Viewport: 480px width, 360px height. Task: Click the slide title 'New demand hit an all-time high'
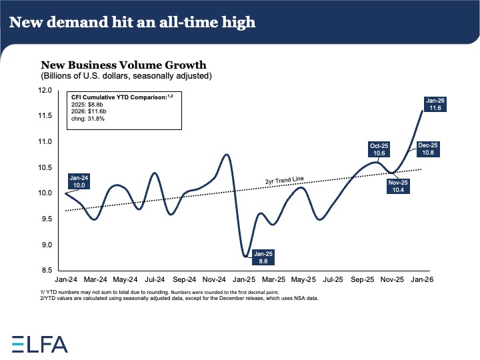point(132,23)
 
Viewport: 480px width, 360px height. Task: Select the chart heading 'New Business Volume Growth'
point(123,65)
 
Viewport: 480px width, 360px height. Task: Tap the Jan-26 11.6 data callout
point(437,103)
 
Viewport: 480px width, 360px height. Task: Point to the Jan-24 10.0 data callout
point(79,181)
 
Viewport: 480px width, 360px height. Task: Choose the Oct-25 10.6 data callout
point(380,149)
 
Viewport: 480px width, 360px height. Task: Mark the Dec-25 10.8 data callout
point(428,149)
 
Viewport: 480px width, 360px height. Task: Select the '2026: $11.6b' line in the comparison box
point(92,111)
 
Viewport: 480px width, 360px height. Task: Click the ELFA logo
point(40,343)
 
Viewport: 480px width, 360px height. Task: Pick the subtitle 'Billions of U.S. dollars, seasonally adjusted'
point(126,76)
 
